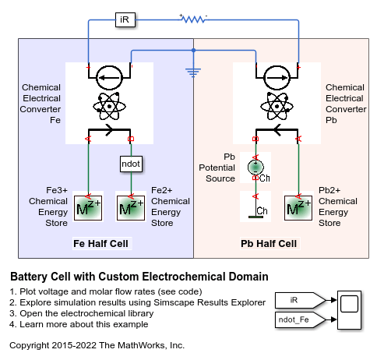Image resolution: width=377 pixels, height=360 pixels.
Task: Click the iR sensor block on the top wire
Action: tap(125, 19)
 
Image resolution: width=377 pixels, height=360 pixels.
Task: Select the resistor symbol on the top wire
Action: tap(194, 19)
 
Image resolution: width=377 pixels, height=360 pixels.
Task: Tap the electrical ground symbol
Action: tap(193, 72)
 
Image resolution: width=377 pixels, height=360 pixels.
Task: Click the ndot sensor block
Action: tap(131, 164)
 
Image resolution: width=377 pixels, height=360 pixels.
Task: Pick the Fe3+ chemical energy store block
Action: tap(88, 208)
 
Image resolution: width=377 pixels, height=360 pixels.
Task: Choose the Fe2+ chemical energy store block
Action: tap(131, 208)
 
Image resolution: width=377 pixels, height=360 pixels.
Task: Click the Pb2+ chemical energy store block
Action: tap(298, 208)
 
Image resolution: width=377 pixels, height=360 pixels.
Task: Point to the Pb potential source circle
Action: tap(255, 167)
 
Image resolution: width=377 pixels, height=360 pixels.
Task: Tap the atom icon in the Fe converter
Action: tap(109, 106)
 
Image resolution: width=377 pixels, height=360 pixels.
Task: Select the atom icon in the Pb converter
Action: tap(277, 106)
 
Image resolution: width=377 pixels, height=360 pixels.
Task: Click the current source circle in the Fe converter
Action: tap(109, 78)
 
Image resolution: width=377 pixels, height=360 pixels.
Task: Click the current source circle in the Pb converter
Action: tap(277, 78)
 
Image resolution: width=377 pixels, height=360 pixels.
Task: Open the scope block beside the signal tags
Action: tap(349, 310)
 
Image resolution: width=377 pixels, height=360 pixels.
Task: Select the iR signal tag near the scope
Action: tap(300, 300)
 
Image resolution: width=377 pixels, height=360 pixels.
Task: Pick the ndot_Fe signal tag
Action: tap(300, 319)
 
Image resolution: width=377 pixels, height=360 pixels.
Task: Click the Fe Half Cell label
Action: tap(100, 244)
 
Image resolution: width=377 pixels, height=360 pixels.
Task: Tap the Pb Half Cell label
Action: tap(269, 244)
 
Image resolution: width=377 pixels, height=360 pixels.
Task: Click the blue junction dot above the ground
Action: tap(193, 50)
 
